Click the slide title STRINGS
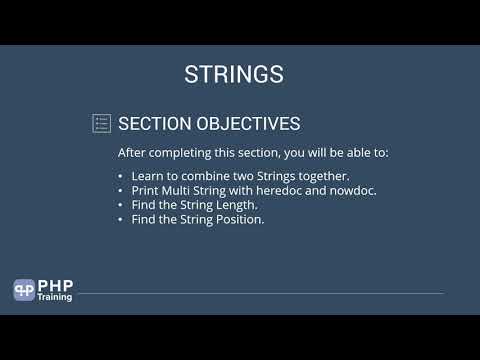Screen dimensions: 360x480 234,75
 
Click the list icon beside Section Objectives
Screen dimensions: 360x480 101,123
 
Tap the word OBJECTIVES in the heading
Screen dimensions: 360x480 245,124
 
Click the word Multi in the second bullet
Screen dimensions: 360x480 177,190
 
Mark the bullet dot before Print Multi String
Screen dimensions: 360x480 121,190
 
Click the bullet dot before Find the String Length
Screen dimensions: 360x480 121,204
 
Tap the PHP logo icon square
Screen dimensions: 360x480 24,290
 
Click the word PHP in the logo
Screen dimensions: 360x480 54,285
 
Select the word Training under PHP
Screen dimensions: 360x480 55,297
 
